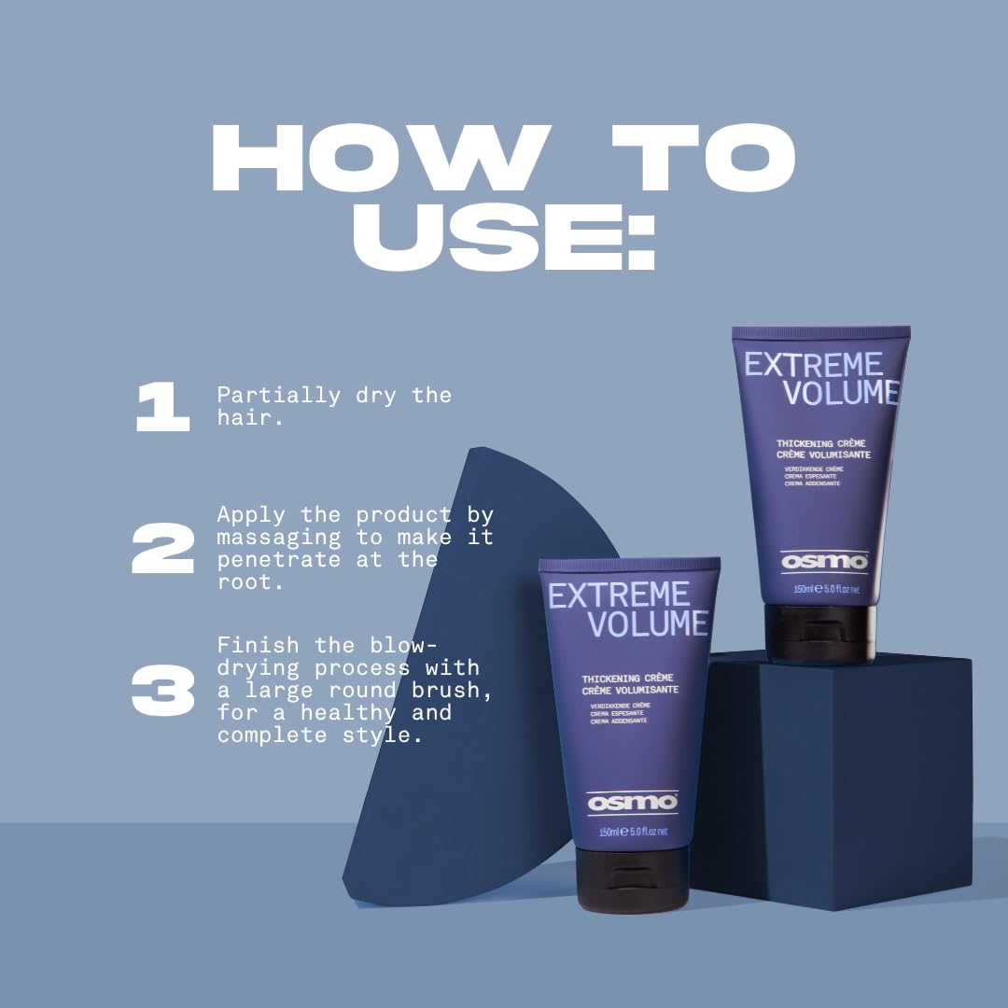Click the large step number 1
[x=162, y=408]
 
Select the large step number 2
[x=162, y=548]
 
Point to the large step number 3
[x=162, y=691]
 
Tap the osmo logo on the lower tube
[x=619, y=803]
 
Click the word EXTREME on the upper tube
[x=813, y=365]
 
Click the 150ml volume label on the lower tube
[x=609, y=832]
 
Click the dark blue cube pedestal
[x=840, y=775]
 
